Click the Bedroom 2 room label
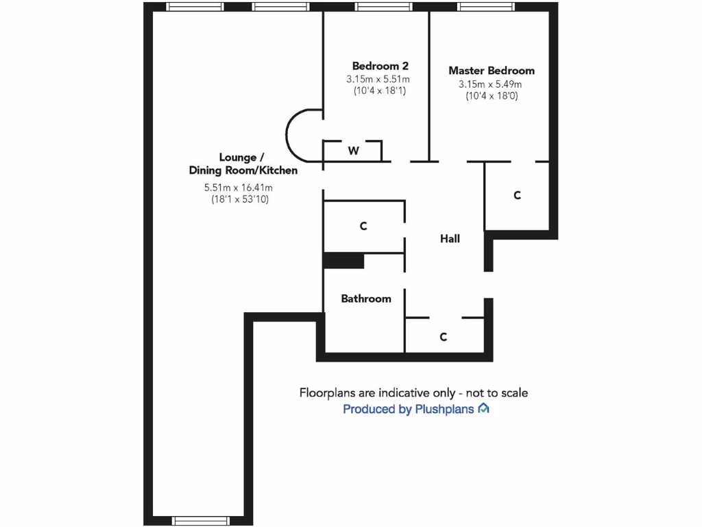(380, 66)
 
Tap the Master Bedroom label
(491, 71)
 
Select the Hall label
(450, 239)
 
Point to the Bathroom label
(366, 298)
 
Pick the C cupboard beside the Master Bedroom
(517, 196)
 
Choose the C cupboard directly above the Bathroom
(363, 226)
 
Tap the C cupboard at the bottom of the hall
(444, 337)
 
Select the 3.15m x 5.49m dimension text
(490, 84)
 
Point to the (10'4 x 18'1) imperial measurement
(380, 91)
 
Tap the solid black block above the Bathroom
(343, 261)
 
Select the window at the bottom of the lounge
(191, 521)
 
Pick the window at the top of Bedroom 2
(383, 7)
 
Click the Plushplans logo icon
(484, 409)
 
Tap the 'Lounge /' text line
(237, 157)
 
